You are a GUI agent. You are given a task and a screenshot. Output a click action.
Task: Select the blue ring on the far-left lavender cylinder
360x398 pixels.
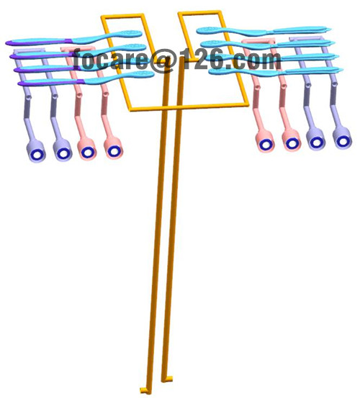tap(36, 154)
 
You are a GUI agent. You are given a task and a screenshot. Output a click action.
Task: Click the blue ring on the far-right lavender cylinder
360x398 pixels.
tap(343, 140)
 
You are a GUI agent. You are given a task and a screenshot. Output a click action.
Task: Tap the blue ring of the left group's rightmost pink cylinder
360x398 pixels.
tap(113, 151)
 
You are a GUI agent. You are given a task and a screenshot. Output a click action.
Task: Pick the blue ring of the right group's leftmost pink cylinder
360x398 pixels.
tap(266, 144)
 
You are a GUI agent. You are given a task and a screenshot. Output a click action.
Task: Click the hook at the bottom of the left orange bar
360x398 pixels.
tap(145, 390)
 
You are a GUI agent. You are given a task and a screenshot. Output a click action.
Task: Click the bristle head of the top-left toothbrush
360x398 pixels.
tap(132, 33)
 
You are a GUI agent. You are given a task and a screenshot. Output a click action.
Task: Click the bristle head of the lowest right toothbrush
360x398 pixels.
tap(219, 71)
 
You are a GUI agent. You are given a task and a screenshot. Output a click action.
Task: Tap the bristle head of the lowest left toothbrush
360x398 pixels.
tap(144, 74)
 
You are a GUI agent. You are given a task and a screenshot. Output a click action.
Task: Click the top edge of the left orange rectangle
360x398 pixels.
tap(122, 16)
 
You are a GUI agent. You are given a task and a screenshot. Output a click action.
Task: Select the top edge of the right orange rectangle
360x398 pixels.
tap(199, 13)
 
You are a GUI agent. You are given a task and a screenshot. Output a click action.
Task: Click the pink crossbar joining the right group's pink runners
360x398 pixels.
tap(258, 40)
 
